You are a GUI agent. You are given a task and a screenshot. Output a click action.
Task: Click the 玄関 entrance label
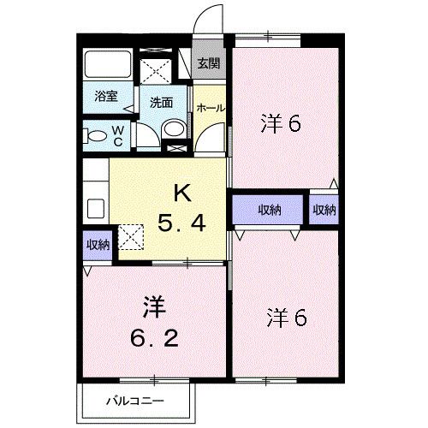pos(209,63)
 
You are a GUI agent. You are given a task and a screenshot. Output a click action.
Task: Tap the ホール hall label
pos(211,107)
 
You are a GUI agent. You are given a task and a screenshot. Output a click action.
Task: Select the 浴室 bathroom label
pos(106,97)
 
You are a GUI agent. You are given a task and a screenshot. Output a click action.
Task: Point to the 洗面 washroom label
pos(161,102)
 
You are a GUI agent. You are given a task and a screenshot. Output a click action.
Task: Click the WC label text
pos(118,134)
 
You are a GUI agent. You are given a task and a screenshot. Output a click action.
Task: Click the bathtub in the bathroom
pos(106,65)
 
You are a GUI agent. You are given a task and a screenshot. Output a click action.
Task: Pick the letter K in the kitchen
pos(182,193)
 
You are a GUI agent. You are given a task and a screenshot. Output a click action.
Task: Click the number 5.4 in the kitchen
pos(181,224)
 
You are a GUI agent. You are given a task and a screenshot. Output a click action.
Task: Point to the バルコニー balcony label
pos(134,400)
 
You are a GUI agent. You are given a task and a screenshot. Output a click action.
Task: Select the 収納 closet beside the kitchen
pos(98,245)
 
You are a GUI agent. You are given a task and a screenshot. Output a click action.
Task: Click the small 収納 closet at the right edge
pos(324,209)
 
